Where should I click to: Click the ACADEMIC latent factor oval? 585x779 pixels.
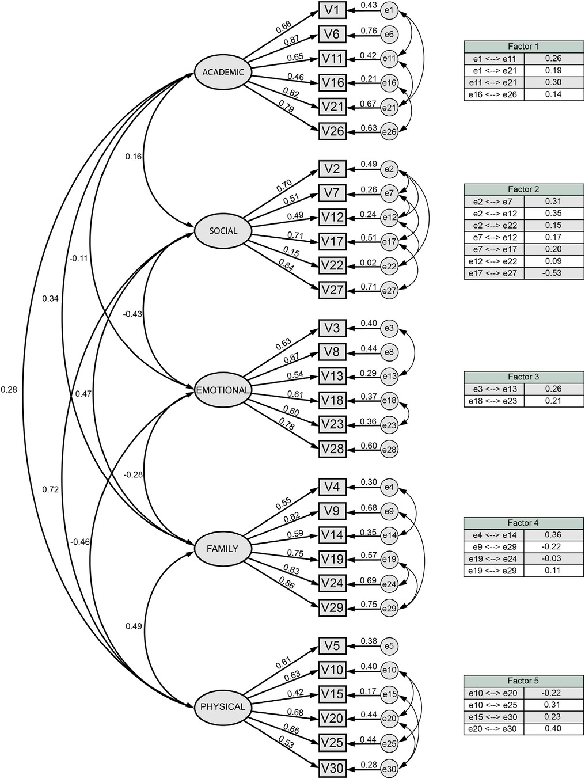click(223, 73)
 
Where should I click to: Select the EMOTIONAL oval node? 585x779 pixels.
click(223, 390)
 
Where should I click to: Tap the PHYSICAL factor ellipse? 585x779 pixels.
click(223, 706)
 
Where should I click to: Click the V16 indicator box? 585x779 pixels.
click(333, 82)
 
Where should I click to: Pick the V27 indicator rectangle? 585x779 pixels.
click(333, 290)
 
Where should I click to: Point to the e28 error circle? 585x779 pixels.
click(389, 449)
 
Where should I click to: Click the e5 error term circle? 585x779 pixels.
click(389, 645)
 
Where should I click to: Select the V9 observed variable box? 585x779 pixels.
click(333, 511)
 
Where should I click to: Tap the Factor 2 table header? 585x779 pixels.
click(523, 189)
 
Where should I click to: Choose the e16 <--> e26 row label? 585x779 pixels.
click(495, 94)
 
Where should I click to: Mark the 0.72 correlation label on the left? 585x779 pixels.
click(50, 489)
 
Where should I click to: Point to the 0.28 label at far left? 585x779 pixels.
click(9, 390)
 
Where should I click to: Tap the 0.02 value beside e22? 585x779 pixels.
click(369, 263)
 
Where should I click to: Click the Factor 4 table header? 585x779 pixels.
click(523, 523)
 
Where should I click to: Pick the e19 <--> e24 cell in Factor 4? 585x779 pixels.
click(495, 559)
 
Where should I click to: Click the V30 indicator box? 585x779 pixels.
click(333, 767)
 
